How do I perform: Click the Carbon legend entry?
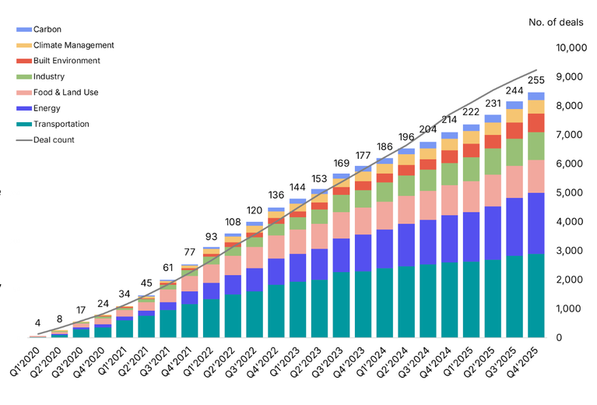click(x=47, y=30)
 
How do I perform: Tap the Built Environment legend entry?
click(x=66, y=61)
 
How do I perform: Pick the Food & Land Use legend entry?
click(x=65, y=93)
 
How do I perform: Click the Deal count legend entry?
click(x=54, y=140)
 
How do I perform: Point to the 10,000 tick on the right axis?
click(x=571, y=48)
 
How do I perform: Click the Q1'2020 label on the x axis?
click(x=26, y=360)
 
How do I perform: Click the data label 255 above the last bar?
click(x=536, y=80)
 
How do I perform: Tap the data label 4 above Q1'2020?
click(x=37, y=322)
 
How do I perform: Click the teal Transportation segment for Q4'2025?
click(x=536, y=295)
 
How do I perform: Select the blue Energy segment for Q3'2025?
click(x=514, y=227)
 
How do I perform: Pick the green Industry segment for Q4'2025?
click(x=536, y=146)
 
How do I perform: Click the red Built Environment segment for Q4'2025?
click(x=536, y=122)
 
